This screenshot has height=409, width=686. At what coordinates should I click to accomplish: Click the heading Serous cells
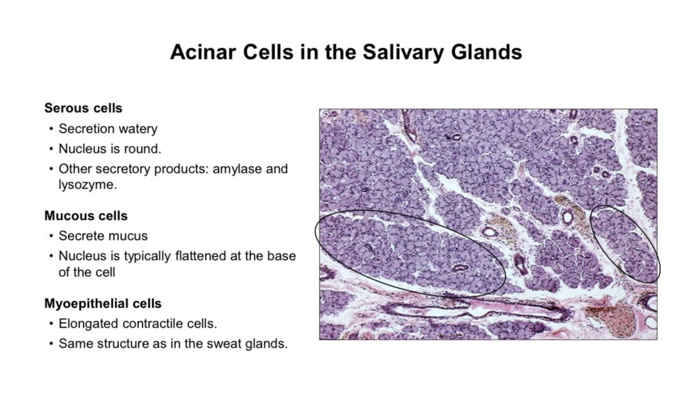pos(83,108)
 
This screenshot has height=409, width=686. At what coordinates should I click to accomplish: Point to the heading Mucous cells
pos(86,215)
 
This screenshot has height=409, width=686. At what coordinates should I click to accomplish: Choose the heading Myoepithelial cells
pos(103,304)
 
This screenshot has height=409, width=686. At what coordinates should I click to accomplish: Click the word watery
pos(138,129)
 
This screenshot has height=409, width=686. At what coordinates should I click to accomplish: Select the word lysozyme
pos(88,185)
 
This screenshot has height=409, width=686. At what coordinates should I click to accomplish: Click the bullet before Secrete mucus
pos(51,236)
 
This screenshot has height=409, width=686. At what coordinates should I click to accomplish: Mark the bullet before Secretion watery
pos(51,129)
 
